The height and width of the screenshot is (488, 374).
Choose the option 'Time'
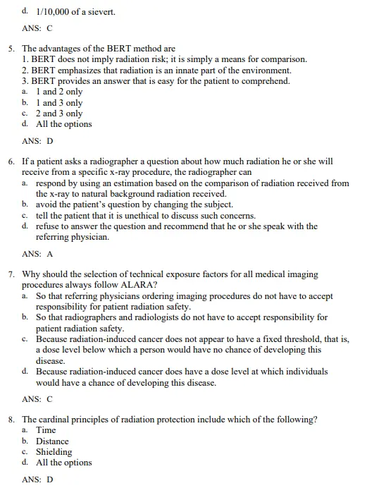(x=46, y=430)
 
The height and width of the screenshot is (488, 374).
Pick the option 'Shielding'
(x=54, y=452)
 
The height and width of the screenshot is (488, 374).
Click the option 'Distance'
(x=53, y=441)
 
